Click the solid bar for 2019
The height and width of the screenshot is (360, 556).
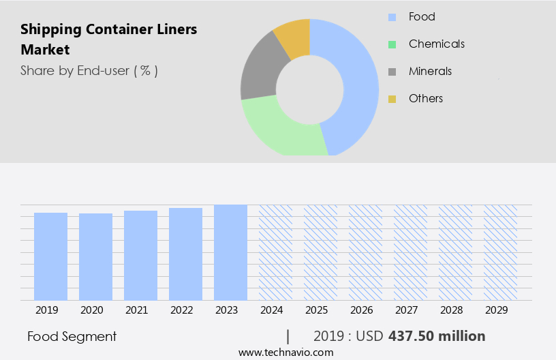(50, 256)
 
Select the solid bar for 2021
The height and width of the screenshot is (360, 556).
(140, 256)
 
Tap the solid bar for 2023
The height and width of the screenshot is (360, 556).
(230, 252)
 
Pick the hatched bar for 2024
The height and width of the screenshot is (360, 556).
(275, 252)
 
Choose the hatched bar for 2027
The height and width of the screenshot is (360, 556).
(410, 252)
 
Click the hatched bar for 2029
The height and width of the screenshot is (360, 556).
(500, 252)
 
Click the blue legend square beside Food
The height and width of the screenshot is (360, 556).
(392, 17)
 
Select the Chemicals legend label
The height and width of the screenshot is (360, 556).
(436, 44)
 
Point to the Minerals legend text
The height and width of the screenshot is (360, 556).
(430, 72)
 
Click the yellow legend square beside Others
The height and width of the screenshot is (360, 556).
(392, 99)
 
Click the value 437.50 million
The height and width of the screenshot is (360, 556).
(437, 336)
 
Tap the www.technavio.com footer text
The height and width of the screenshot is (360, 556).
(285, 352)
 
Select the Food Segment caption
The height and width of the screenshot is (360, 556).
(72, 336)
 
